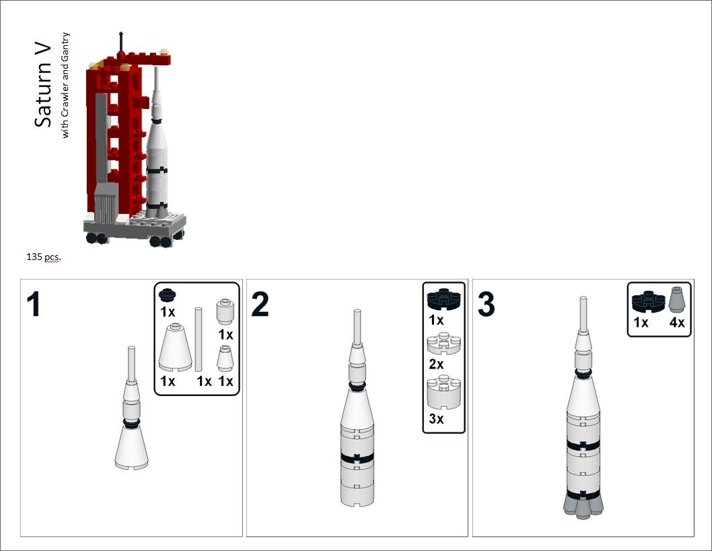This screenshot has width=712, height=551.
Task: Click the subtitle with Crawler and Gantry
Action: tap(65, 86)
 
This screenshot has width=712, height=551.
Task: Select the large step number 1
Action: tap(34, 305)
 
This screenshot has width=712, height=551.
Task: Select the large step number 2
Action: tap(260, 305)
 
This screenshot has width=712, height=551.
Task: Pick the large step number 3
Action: tap(486, 305)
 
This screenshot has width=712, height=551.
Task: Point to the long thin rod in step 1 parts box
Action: tap(199, 339)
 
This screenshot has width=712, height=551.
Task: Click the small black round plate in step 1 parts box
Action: tap(167, 294)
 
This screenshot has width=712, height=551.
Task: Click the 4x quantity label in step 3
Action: tap(677, 323)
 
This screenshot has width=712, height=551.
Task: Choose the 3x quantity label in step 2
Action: tap(436, 419)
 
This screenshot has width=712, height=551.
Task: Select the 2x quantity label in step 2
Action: tap(436, 364)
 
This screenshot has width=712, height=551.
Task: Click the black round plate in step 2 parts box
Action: tap(443, 296)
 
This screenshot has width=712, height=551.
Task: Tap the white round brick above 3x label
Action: tap(443, 392)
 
